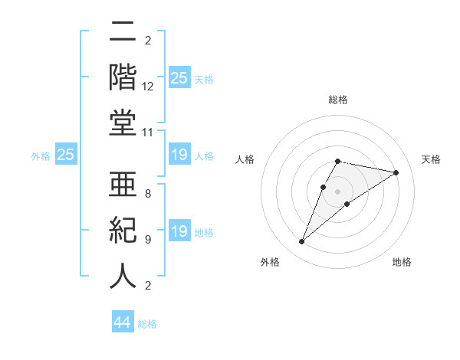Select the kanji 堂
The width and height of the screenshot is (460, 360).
tap(123, 123)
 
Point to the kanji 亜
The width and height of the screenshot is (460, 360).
tap(123, 185)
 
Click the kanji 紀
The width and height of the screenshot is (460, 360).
tap(123, 231)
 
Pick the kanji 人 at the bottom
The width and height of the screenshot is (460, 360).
tap(123, 276)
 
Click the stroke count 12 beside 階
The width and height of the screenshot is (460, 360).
tap(148, 87)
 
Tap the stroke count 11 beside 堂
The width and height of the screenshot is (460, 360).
tap(148, 133)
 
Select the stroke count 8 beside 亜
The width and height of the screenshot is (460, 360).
tap(148, 194)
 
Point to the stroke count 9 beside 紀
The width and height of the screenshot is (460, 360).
tap(148, 240)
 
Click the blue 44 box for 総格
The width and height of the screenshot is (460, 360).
tap(123, 322)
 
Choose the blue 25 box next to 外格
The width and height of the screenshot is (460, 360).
tap(66, 155)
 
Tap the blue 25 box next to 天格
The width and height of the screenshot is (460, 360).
tap(179, 78)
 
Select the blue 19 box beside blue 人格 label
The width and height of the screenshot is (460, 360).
tap(179, 155)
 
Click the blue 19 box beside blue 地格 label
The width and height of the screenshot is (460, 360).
tap(179, 231)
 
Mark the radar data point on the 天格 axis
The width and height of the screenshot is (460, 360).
tap(396, 172)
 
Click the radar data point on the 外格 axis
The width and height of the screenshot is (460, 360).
tap(302, 242)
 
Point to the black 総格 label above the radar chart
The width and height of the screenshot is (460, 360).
tap(337, 100)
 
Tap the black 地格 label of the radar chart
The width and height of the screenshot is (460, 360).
tap(402, 262)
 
